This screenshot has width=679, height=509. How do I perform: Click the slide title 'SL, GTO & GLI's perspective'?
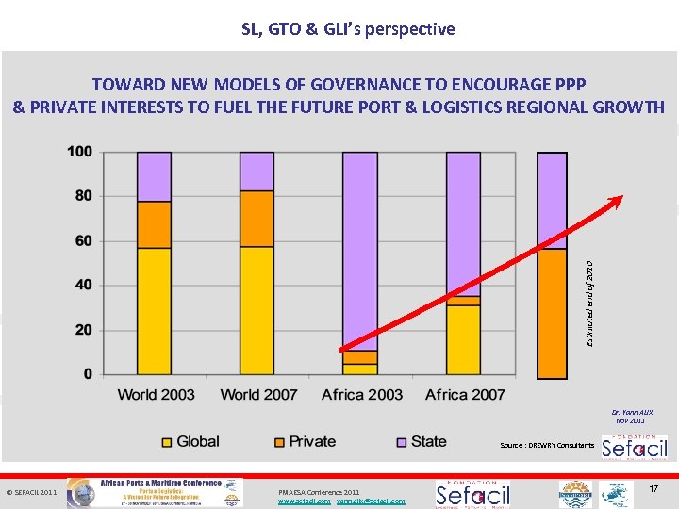coord(348,29)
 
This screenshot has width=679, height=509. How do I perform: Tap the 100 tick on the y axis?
coord(79,152)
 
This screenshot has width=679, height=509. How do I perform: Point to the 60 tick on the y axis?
coord(83,241)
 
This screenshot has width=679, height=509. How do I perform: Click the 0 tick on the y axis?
coord(88,374)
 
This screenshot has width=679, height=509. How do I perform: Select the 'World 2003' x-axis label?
coord(156,395)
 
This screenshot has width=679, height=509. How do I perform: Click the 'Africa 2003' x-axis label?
coord(361,395)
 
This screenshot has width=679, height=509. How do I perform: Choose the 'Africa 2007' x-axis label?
coord(465,395)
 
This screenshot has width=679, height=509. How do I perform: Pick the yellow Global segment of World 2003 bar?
coord(154,311)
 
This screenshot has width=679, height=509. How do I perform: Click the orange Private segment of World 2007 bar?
coord(257,219)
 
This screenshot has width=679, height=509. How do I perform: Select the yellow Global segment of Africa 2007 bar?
coord(463,339)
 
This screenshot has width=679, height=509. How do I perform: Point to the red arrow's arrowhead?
coord(618,200)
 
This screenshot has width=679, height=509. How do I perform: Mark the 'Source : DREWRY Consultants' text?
coord(547,445)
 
